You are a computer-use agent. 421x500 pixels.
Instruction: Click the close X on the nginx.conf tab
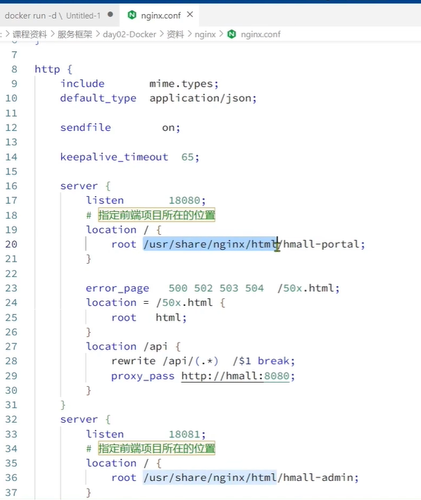(x=190, y=14)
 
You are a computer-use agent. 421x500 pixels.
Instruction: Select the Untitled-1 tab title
(x=83, y=15)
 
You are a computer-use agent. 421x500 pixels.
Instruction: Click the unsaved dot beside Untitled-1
(x=111, y=14)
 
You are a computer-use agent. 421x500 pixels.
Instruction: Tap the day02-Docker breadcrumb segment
(x=130, y=34)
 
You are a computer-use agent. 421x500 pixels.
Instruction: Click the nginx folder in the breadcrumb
(x=205, y=34)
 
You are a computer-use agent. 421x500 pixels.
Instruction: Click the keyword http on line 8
(x=47, y=69)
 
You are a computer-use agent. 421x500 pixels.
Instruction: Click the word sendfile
(x=86, y=127)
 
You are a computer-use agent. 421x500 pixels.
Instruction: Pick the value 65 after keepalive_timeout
(x=187, y=157)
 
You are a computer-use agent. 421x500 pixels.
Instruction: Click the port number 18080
(x=184, y=200)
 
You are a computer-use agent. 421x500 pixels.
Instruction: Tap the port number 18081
(x=184, y=434)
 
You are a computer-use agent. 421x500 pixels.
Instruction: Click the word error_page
(x=117, y=288)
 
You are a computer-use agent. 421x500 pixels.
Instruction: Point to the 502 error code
(x=203, y=288)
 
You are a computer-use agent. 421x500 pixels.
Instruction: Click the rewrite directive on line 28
(x=134, y=361)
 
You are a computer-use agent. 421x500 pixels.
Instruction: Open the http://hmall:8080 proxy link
(x=235, y=376)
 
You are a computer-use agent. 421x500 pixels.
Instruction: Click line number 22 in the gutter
(x=11, y=274)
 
